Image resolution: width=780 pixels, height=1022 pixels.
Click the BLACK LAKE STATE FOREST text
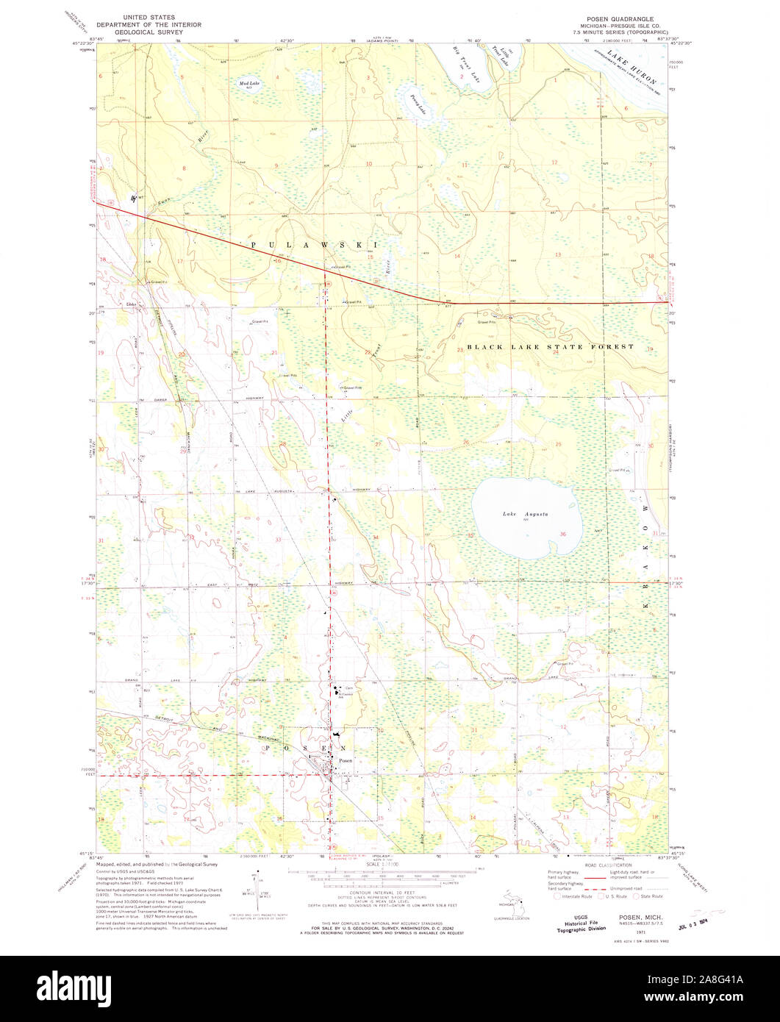[549, 346]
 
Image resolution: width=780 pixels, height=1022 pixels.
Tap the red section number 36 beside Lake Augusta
[562, 533]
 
